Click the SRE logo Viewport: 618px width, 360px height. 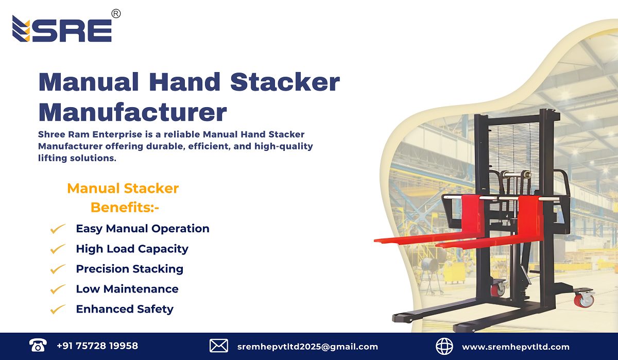click(x=62, y=29)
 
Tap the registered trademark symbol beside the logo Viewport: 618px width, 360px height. click(x=116, y=14)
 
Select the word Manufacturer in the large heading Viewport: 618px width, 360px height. click(x=132, y=112)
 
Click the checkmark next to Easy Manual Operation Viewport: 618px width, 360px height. click(x=57, y=229)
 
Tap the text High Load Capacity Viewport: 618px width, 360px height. click(x=132, y=249)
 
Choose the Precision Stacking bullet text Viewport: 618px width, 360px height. click(x=129, y=269)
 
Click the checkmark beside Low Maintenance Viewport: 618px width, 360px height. click(x=57, y=289)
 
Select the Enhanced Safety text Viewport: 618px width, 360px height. click(x=125, y=309)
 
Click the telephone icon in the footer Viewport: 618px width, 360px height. click(x=38, y=346)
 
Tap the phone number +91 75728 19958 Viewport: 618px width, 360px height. click(x=97, y=346)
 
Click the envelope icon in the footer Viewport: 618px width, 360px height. click(x=219, y=346)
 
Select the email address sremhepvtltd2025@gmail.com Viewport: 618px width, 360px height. click(x=308, y=347)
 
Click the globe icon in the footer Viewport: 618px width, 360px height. click(x=444, y=346)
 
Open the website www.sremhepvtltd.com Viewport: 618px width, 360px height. click(x=516, y=347)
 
